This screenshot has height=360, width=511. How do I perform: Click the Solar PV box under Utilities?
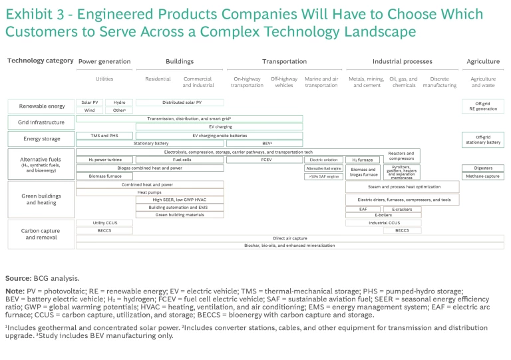point(90,102)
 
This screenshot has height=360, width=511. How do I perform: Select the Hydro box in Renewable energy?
point(119,102)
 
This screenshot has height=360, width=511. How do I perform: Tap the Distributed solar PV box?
point(180,102)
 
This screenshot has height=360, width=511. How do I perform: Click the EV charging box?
point(220,126)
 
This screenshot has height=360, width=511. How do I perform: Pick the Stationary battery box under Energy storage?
point(151,143)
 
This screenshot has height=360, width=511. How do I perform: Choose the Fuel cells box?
point(180,160)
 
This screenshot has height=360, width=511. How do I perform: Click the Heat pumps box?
point(150,192)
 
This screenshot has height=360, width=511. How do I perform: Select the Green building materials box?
point(180,215)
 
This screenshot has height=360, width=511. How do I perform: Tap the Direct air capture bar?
point(290,238)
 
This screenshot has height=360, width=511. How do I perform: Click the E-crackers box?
point(402,209)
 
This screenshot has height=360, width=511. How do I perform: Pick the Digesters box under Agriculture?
point(483,168)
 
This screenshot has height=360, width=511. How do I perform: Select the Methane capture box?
point(483,176)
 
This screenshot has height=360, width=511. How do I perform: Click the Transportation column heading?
point(284,61)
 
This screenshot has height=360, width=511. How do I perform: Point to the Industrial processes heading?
point(402,61)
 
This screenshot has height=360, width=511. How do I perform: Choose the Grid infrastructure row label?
point(41,122)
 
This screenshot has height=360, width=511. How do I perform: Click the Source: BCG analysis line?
point(42,278)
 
